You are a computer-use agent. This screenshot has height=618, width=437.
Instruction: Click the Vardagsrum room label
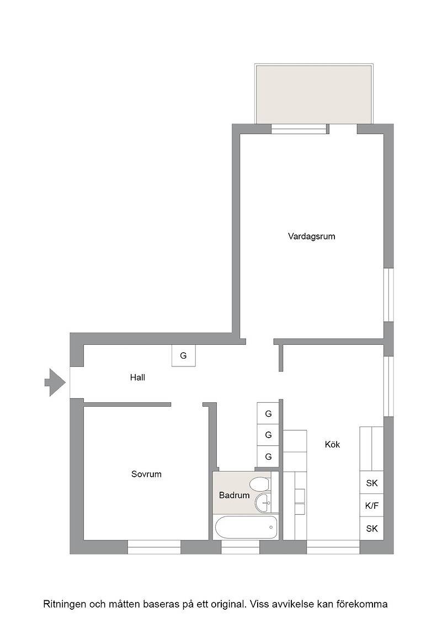coord(311,237)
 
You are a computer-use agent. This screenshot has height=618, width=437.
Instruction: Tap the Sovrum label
coord(146,474)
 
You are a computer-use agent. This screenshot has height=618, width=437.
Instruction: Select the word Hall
coord(137,377)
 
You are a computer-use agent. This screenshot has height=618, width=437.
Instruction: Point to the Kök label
coord(332,444)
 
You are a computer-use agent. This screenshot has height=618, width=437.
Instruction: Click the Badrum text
coord(234,496)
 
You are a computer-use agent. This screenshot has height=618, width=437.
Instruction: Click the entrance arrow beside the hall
coord(55,382)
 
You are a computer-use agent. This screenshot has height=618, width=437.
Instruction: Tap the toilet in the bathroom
coord(260,483)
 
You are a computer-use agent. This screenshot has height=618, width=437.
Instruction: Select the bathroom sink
coord(263,503)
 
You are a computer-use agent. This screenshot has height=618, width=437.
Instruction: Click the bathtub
coord(246,528)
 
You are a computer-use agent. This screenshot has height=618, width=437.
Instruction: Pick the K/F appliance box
coord(371,505)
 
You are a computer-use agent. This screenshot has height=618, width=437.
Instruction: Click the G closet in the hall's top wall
coord(184,355)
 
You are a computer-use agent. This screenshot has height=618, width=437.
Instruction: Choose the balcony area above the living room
coord(313,94)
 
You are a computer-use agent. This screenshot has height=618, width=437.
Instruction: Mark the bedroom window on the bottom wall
coord(154,547)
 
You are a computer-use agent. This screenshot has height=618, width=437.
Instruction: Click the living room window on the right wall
coord(388,295)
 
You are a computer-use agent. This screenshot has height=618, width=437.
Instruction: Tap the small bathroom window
coord(240,547)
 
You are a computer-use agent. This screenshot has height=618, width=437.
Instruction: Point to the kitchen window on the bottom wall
coord(333,547)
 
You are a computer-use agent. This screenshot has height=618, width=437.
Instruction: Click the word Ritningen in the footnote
coord(64,604)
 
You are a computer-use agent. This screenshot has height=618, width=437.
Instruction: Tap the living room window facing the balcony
coord(300,129)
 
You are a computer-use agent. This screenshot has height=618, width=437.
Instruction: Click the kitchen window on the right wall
coord(388,386)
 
